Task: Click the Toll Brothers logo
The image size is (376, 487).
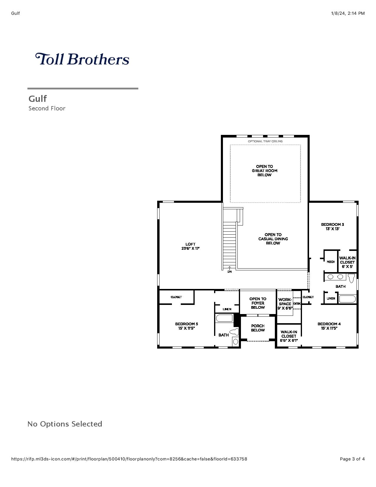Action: click(82, 59)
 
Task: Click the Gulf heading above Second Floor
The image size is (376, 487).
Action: click(38, 99)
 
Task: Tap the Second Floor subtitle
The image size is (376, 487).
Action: click(47, 109)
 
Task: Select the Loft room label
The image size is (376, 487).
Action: click(190, 246)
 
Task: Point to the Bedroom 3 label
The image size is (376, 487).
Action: click(332, 227)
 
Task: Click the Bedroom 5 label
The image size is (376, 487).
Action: click(187, 326)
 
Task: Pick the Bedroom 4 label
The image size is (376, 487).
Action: click(329, 326)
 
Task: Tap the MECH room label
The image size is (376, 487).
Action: click(331, 262)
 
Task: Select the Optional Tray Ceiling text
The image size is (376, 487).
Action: click(265, 141)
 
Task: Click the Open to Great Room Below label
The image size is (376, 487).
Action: click(265, 171)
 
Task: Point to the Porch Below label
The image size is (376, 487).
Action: click(258, 328)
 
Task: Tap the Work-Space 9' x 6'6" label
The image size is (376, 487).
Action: click(285, 304)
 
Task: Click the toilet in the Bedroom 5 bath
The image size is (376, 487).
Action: click(234, 332)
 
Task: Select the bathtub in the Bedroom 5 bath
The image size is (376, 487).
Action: click(224, 318)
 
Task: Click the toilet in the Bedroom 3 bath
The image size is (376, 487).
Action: click(352, 278)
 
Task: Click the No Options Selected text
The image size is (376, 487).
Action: click(65, 424)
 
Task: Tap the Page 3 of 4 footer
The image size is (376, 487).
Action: click(352, 459)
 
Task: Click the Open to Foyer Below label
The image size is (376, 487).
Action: click(258, 303)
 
